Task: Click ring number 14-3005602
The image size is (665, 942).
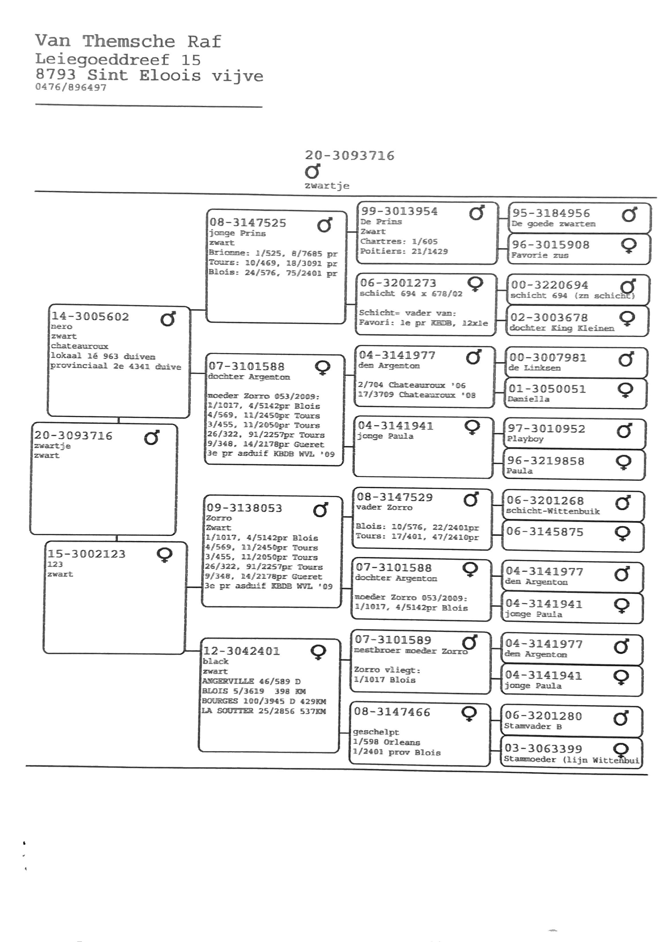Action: coord(90,317)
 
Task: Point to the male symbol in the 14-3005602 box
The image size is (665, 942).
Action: coord(168,319)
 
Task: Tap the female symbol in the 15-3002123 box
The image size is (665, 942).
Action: coord(164,555)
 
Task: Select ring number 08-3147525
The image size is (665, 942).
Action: coord(248,223)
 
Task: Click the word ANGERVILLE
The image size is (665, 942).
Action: coord(228,681)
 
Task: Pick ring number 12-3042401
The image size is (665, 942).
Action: coord(242,651)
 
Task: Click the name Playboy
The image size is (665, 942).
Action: coord(525,439)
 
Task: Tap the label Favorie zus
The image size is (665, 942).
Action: coord(540,255)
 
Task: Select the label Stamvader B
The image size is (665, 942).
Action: coord(533,726)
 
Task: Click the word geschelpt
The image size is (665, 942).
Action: coord(376,732)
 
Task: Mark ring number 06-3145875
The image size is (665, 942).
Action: coord(544,532)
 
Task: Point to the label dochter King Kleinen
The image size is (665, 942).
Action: coord(562,328)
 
